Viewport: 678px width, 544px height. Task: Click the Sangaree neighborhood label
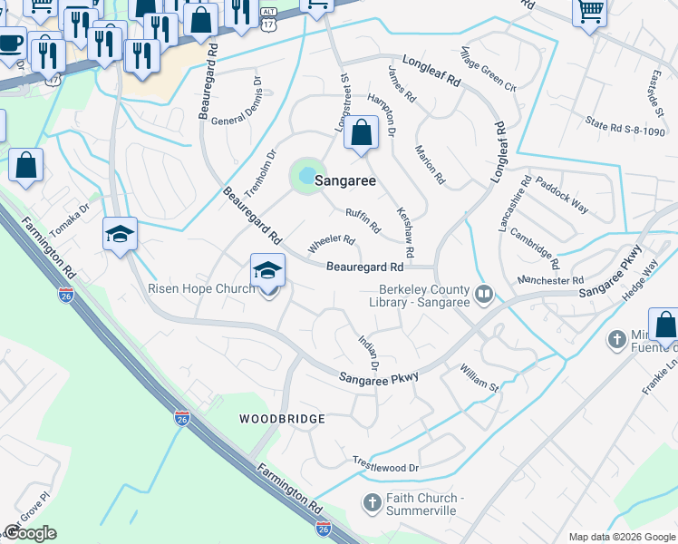[x=345, y=181]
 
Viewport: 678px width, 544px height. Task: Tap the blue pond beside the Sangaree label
[x=306, y=174]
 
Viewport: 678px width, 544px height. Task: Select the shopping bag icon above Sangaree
[x=361, y=133]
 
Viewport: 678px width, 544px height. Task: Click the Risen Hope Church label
[x=201, y=290]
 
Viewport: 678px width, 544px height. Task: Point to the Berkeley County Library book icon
[x=484, y=293]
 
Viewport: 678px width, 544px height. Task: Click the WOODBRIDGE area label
[x=282, y=419]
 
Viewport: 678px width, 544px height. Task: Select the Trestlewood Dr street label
[x=386, y=467]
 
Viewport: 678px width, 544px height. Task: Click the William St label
[x=479, y=378]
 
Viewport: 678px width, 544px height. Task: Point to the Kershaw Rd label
[x=405, y=230]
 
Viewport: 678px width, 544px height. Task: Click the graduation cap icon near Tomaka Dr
[x=120, y=234]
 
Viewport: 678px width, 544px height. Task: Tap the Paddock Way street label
[x=561, y=196]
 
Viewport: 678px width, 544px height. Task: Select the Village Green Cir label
[x=487, y=69]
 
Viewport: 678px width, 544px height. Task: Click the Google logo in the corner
[x=31, y=533]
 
